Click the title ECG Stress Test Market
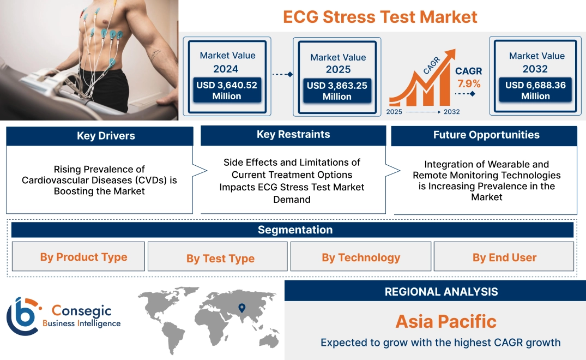tap(380, 16)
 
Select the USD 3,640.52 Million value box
tap(226, 90)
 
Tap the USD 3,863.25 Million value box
tap(337, 91)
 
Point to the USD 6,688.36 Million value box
tap(535, 90)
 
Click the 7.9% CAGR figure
tap(468, 83)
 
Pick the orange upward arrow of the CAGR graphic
tap(448, 56)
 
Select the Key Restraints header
tap(293, 135)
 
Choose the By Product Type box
tap(83, 257)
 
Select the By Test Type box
tap(220, 258)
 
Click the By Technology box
tap(361, 257)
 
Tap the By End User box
tap(504, 257)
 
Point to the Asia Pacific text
tap(445, 321)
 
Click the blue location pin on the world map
tap(242, 308)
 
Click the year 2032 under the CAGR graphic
tap(451, 112)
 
